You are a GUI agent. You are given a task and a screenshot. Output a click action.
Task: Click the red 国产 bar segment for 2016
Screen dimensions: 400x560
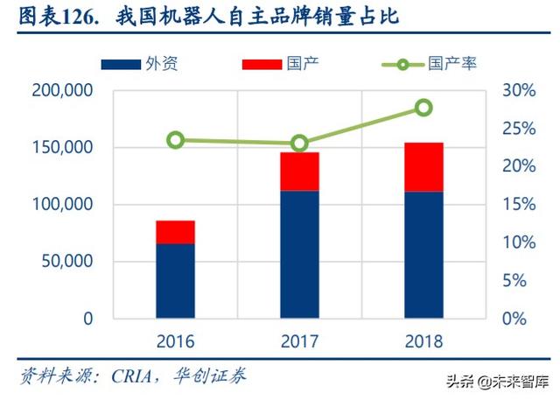175,232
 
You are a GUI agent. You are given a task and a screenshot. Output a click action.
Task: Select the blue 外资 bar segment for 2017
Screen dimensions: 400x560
299,254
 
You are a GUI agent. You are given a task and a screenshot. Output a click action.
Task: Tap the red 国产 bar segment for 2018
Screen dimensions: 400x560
423,166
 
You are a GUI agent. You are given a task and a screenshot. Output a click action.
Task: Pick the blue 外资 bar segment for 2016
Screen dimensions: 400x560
175,281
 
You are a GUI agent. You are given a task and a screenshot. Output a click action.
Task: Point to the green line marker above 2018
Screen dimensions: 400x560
423,108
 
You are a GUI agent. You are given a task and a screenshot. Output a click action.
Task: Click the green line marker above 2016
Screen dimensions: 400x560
176,140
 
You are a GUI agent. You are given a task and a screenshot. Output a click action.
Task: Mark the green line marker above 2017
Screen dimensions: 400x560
299,143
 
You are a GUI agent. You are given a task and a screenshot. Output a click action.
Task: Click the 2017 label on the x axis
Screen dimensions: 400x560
299,341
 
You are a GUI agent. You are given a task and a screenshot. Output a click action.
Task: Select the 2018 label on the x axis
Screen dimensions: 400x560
423,341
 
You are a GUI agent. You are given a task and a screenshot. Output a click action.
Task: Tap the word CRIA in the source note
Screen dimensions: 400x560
132,376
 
